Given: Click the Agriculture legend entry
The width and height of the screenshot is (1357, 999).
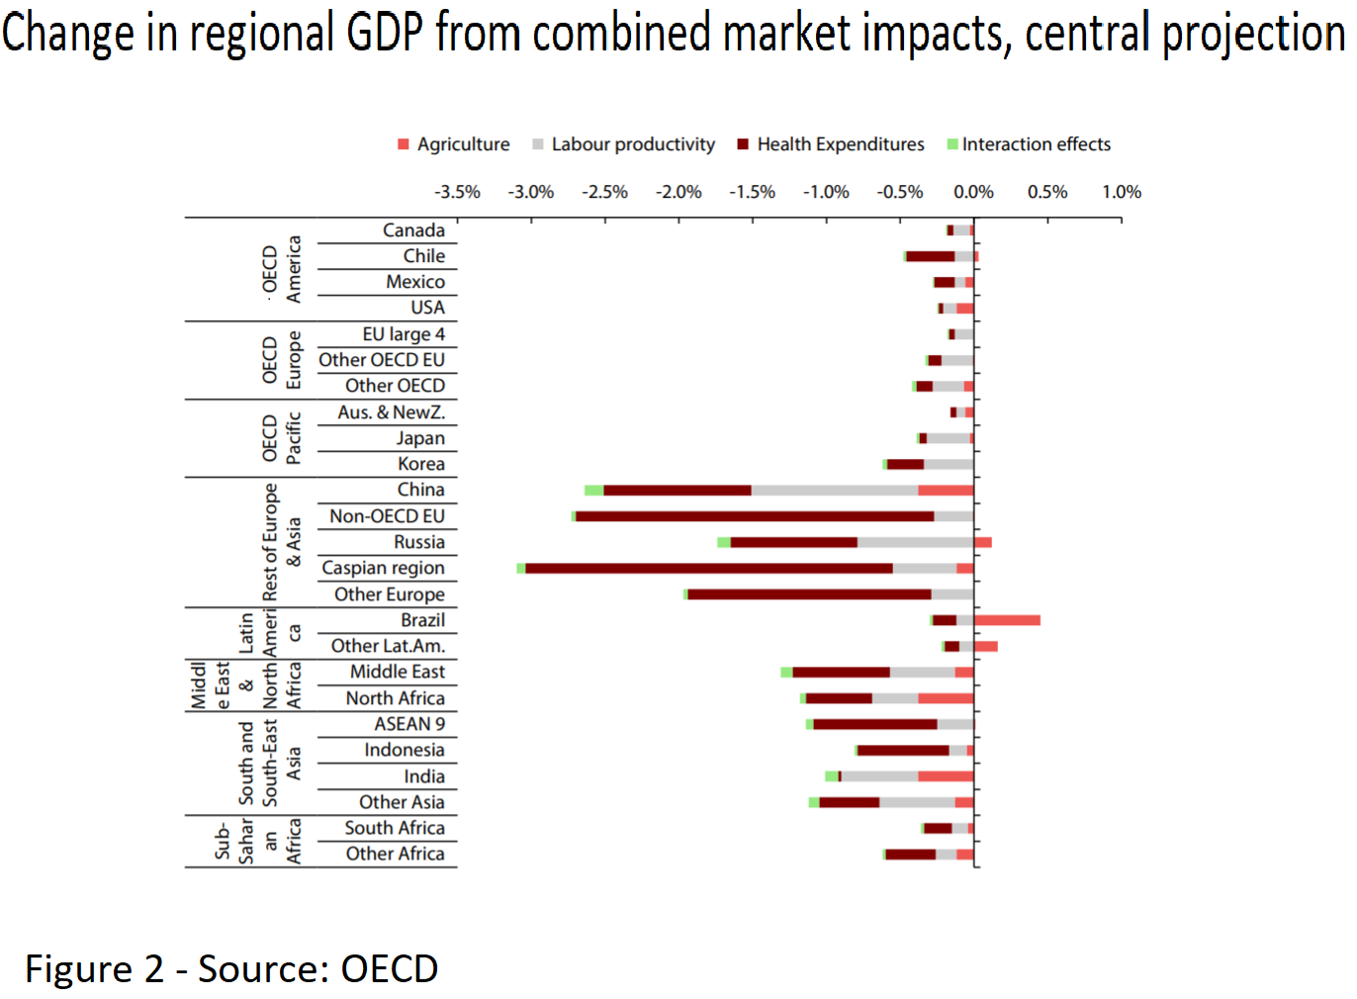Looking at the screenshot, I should pyautogui.click(x=454, y=144).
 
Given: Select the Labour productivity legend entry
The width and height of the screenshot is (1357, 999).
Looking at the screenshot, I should pyautogui.click(x=623, y=144).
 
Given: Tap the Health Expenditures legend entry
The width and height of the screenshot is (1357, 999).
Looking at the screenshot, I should pyautogui.click(x=831, y=144).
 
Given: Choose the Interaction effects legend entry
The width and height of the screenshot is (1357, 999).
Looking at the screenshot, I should pyautogui.click(x=1029, y=144).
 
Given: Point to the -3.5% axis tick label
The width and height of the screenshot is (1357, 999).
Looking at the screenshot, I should pyautogui.click(x=457, y=192).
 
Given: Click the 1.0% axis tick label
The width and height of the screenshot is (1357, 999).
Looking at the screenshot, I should pyautogui.click(x=1122, y=192).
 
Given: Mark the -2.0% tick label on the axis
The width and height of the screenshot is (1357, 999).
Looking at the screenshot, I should pyautogui.click(x=678, y=192).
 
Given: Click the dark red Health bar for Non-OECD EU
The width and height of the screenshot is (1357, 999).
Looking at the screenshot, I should pyautogui.click(x=755, y=516).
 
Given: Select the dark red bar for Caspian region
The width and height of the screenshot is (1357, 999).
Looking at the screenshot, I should pyautogui.click(x=709, y=568).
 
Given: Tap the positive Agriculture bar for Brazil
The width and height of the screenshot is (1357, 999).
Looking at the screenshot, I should pyautogui.click(x=1007, y=620).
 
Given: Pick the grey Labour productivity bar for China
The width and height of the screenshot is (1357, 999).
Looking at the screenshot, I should pyautogui.click(x=835, y=491).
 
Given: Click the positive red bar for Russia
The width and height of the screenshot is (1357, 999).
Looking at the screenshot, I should pyautogui.click(x=983, y=542).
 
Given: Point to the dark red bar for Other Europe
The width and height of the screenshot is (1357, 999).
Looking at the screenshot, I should pyautogui.click(x=809, y=594).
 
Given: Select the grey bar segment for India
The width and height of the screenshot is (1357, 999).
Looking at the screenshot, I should pyautogui.click(x=879, y=776).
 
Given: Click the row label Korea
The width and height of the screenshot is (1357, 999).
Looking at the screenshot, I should pyautogui.click(x=421, y=464).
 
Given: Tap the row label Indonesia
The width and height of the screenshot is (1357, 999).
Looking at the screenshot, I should pyautogui.click(x=404, y=750).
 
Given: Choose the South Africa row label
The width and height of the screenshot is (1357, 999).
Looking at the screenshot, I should pyautogui.click(x=395, y=828).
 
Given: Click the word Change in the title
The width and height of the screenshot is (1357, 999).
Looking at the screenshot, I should pyautogui.click(x=67, y=32).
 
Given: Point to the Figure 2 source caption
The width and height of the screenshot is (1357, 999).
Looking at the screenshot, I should pyautogui.click(x=231, y=968).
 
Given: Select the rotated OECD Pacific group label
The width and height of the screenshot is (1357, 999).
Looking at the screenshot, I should pyautogui.click(x=281, y=438).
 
